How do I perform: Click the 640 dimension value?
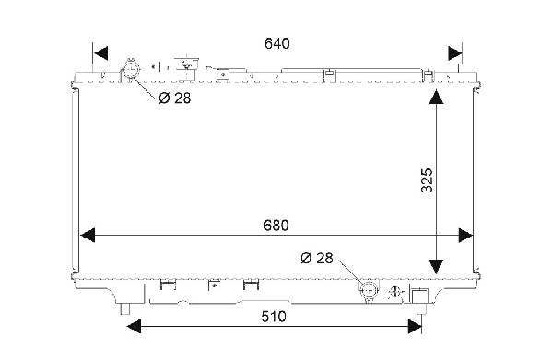click(x=277, y=43)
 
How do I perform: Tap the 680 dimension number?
click(x=276, y=226)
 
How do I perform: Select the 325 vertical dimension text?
click(x=427, y=180)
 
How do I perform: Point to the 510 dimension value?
click(x=274, y=317)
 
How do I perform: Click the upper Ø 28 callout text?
click(x=174, y=99)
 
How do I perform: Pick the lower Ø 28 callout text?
click(x=317, y=258)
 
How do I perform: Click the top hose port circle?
click(x=130, y=69)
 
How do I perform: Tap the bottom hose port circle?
click(x=369, y=291)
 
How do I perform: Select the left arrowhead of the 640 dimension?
click(x=100, y=53)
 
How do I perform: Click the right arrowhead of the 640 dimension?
click(x=455, y=53)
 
